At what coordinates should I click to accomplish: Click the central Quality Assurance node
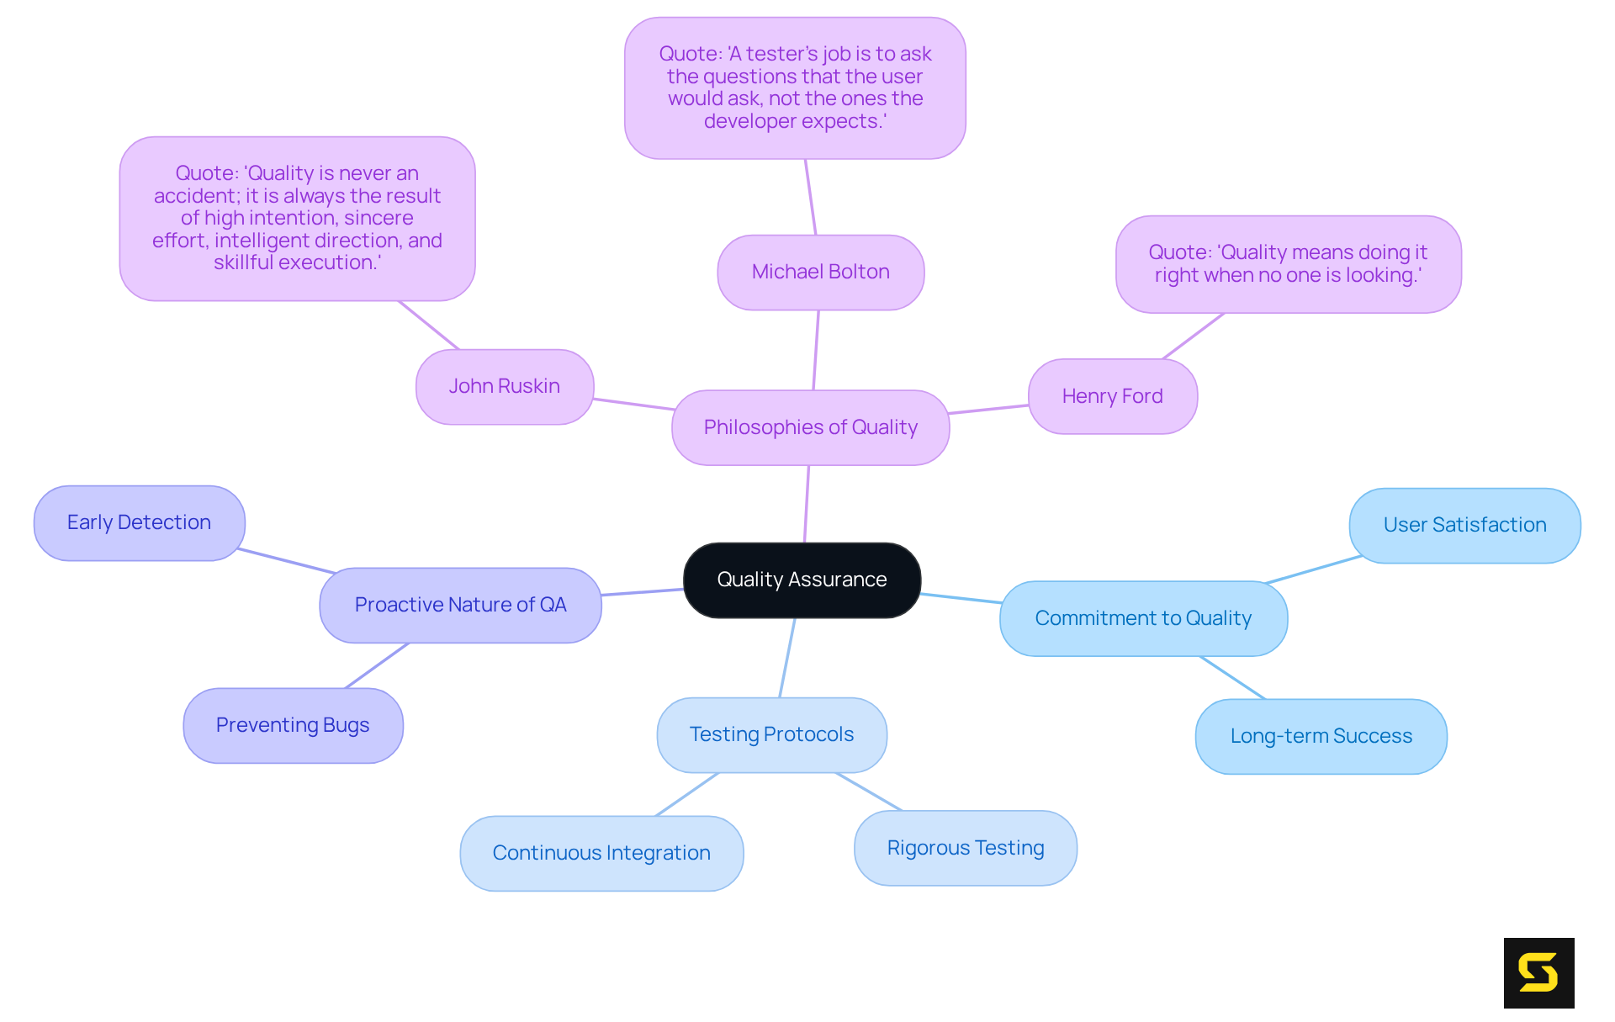(x=802, y=580)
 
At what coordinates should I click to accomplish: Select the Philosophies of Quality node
(x=810, y=427)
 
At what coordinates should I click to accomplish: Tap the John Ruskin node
(x=504, y=386)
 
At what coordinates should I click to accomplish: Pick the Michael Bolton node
(x=820, y=272)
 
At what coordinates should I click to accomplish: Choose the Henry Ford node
(x=1112, y=396)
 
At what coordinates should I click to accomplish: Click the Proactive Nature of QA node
(x=460, y=605)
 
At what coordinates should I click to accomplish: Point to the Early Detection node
(x=139, y=522)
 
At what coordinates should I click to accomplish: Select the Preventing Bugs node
(x=293, y=725)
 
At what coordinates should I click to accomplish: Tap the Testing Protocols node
(x=771, y=734)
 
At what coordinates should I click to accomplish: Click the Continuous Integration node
(x=601, y=853)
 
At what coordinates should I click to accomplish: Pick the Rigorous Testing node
(x=965, y=848)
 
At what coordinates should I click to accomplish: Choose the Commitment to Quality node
(x=1143, y=618)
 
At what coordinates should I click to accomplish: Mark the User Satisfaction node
(x=1464, y=525)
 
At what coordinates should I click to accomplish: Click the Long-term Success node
(x=1321, y=736)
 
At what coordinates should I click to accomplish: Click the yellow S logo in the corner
(x=1538, y=972)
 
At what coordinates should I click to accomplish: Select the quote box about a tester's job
(x=795, y=87)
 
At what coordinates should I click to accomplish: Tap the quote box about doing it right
(x=1288, y=264)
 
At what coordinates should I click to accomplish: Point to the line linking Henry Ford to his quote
(x=1194, y=336)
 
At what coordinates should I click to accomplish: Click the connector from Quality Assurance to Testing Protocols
(x=787, y=658)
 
